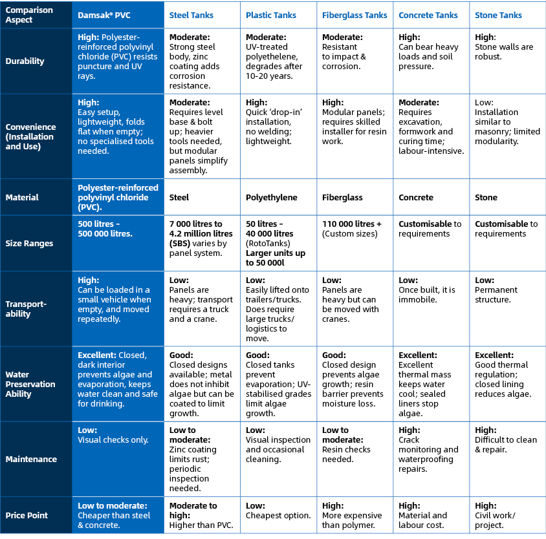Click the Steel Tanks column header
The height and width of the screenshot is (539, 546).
click(191, 15)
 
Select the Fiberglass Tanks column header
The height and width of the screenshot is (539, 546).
click(355, 15)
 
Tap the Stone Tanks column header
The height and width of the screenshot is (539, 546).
click(498, 15)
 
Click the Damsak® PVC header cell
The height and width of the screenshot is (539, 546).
click(104, 15)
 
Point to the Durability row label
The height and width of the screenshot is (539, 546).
click(25, 61)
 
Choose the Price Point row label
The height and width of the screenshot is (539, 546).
click(27, 516)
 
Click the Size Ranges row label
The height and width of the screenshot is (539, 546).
click(29, 244)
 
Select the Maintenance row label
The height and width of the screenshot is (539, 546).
click(31, 460)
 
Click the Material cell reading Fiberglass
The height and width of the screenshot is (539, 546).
click(342, 198)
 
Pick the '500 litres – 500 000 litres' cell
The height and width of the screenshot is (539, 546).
click(105, 229)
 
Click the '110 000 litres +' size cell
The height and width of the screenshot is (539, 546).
click(352, 229)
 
